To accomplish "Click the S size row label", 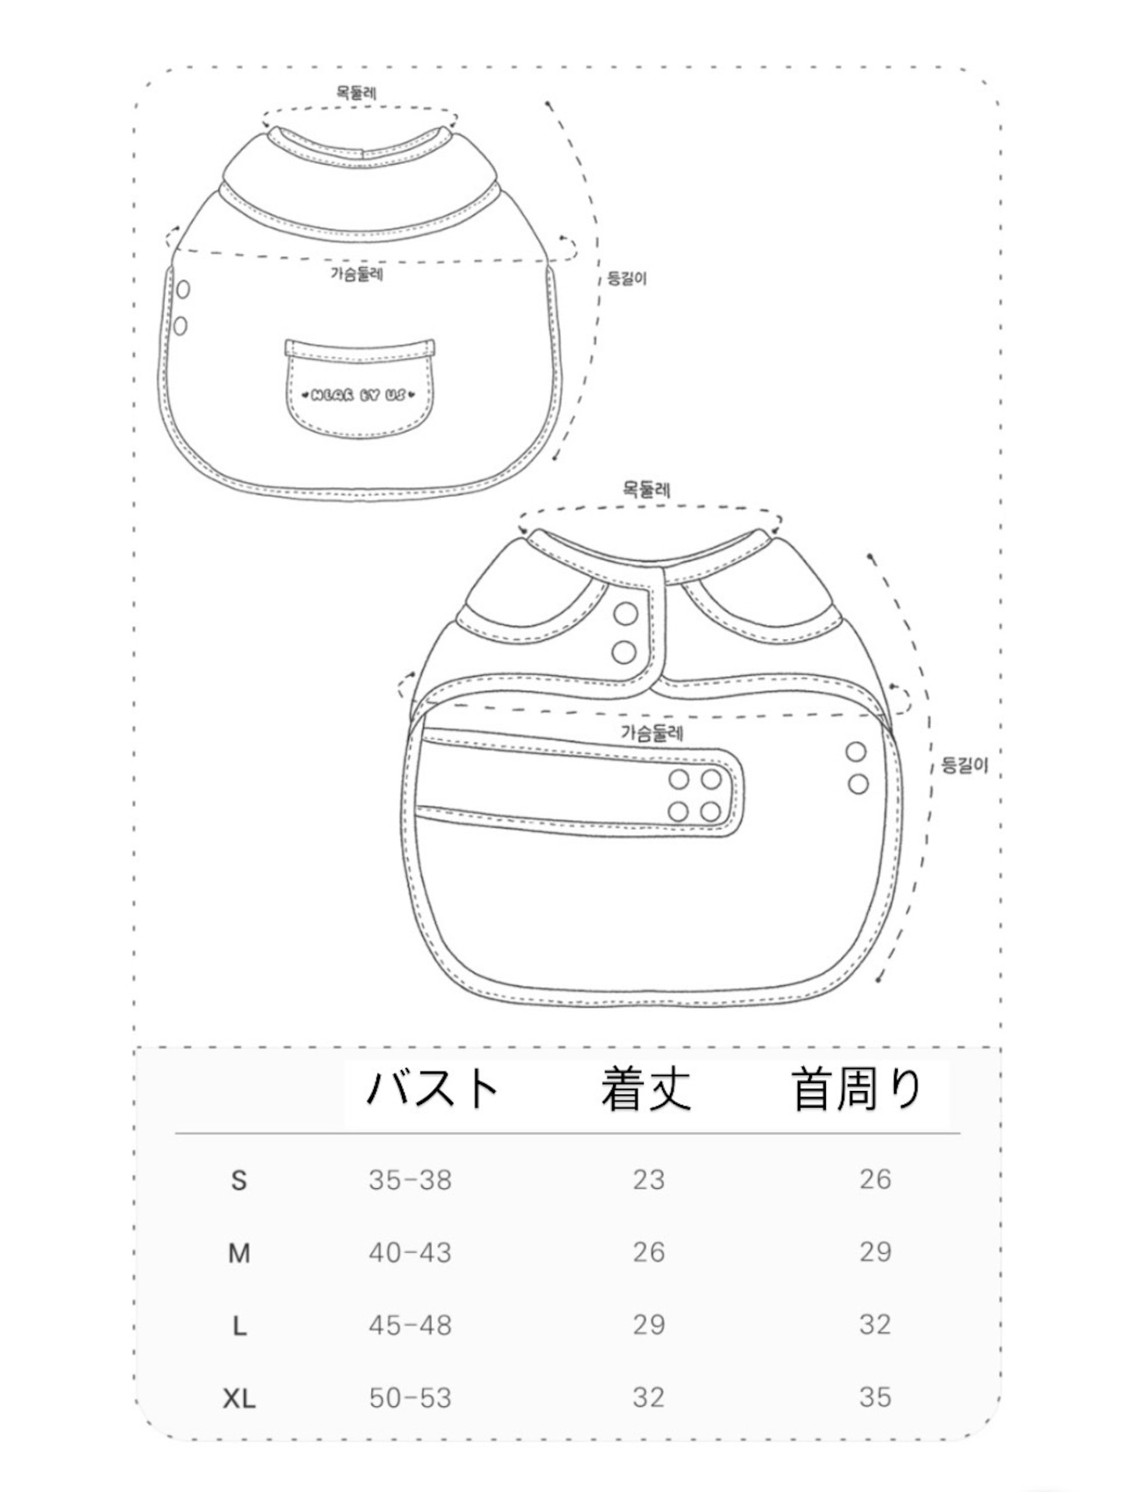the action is [x=239, y=1180].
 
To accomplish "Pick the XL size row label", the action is [x=239, y=1398].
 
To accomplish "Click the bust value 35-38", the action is [x=410, y=1180].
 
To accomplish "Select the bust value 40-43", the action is [x=410, y=1253].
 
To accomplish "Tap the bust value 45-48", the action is [x=410, y=1326].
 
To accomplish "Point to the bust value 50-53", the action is [x=410, y=1398].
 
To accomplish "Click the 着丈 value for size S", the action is [x=649, y=1180].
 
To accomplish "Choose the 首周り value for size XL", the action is [x=875, y=1397].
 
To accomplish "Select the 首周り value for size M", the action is [x=875, y=1252].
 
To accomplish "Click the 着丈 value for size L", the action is [x=649, y=1326].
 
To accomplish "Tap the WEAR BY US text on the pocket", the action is [x=358, y=396].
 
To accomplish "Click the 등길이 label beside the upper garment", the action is [x=627, y=279].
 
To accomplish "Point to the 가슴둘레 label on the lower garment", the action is [x=652, y=733].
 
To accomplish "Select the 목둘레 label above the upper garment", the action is [x=357, y=92].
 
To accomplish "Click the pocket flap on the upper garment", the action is [x=360, y=346].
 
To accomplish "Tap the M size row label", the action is [x=239, y=1254].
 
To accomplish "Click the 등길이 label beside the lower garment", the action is [x=964, y=765].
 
